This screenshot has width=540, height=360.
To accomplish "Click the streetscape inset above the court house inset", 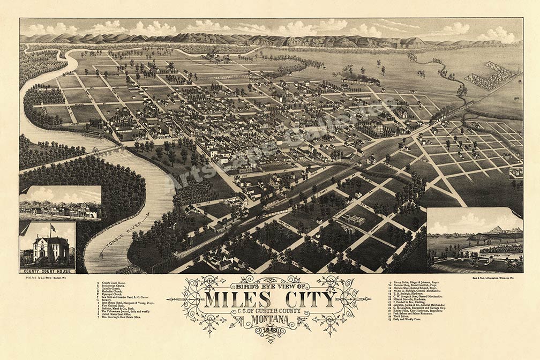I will coord(60,202).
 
